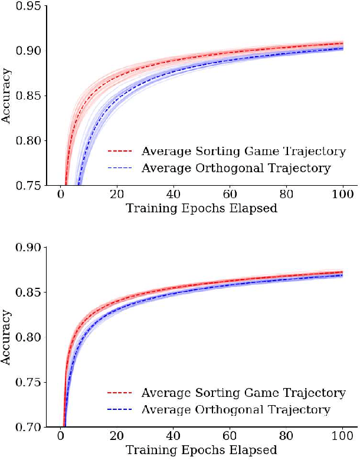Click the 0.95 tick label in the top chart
pos(29,6)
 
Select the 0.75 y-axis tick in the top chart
pos(29,185)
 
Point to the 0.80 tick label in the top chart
pos(29,140)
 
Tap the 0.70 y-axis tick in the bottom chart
pos(29,427)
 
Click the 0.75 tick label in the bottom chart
pos(29,382)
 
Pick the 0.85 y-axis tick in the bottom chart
pos(29,293)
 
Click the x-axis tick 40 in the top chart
pos(174,196)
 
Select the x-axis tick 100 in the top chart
pos(342,196)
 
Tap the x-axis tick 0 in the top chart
pos(61,196)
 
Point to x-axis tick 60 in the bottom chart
pos(230,438)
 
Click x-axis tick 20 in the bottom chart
pos(117,438)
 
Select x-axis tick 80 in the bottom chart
pos(286,438)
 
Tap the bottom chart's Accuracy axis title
pos(6,337)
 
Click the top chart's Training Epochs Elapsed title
pos(201,209)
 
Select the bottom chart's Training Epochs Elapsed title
pos(201,451)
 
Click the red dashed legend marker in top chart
pos(121,152)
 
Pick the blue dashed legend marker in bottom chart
pos(121,410)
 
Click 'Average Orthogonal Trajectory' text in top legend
pos(236,169)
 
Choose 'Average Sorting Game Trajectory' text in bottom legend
pos(243,393)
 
